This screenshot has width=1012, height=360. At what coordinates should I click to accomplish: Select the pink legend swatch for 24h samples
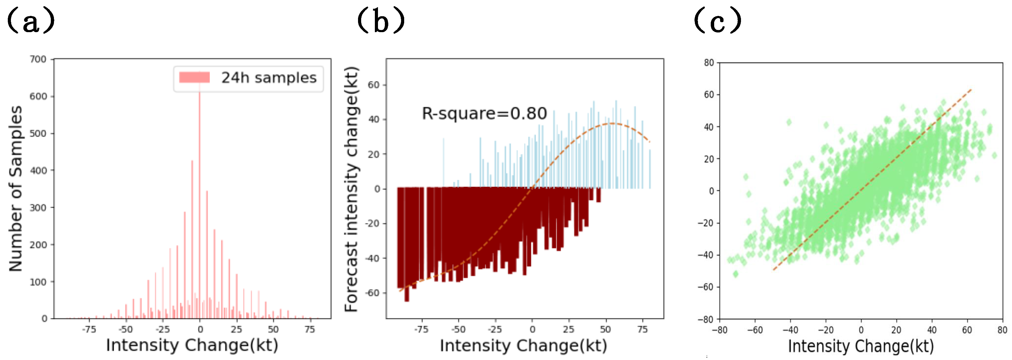click(x=194, y=77)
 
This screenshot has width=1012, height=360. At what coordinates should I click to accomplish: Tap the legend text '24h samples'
click(x=269, y=78)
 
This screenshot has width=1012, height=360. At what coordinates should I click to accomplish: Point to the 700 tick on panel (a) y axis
click(x=38, y=59)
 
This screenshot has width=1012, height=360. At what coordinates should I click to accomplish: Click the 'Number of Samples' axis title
click(x=16, y=189)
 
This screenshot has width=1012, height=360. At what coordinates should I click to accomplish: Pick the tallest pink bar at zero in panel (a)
click(x=200, y=197)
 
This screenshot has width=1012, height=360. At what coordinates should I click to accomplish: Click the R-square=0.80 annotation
click(x=484, y=114)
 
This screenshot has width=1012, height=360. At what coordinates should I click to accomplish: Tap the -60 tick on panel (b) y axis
click(x=372, y=293)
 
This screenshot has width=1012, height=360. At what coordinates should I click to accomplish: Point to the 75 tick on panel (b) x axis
click(x=642, y=329)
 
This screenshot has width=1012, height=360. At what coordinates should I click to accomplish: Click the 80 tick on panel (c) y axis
click(x=709, y=63)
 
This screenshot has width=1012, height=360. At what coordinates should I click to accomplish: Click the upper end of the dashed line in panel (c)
click(x=971, y=90)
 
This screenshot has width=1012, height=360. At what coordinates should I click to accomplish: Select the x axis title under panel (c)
click(x=861, y=346)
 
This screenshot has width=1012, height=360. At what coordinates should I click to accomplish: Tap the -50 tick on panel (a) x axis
click(x=126, y=329)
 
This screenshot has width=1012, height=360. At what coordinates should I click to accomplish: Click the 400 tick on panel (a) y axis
click(x=38, y=171)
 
